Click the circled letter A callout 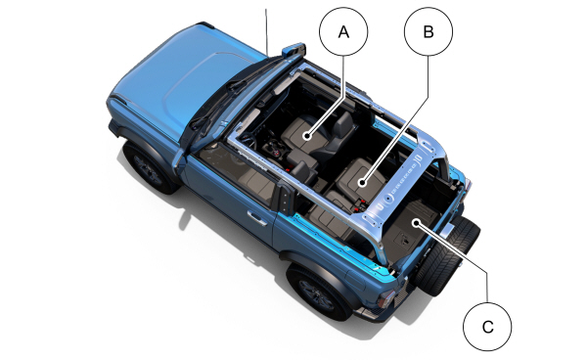click(x=343, y=32)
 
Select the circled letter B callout click(x=427, y=32)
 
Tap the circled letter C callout click(x=487, y=325)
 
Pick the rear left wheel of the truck click(x=319, y=290)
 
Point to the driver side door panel click(x=235, y=210)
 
